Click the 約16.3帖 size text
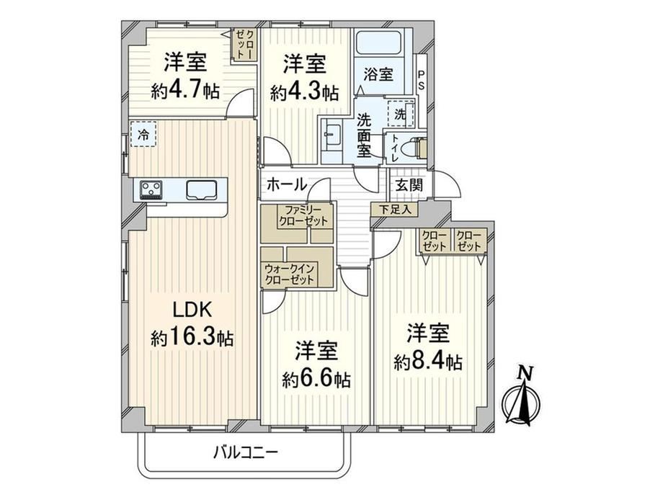[x=192, y=337]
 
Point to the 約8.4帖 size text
[x=428, y=362]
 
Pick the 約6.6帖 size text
[x=316, y=379]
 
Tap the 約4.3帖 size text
[x=304, y=91]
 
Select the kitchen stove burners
[x=151, y=189]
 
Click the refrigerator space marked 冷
[x=143, y=135]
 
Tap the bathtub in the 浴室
[x=378, y=43]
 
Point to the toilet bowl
[x=414, y=148]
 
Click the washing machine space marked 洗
[x=400, y=113]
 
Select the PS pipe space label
[x=421, y=80]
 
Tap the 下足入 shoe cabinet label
[x=394, y=209]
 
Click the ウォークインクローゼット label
[x=290, y=274]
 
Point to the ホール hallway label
[x=287, y=184]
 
